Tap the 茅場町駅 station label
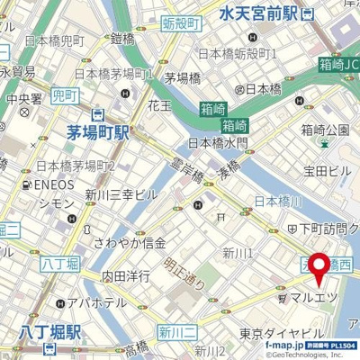click(98, 132)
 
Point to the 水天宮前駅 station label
click(260, 13)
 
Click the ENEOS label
click(53, 185)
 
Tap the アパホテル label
click(97, 303)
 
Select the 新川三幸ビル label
click(121, 194)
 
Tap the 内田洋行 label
click(125, 275)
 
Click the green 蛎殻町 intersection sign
click(181, 24)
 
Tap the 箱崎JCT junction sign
click(338, 64)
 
